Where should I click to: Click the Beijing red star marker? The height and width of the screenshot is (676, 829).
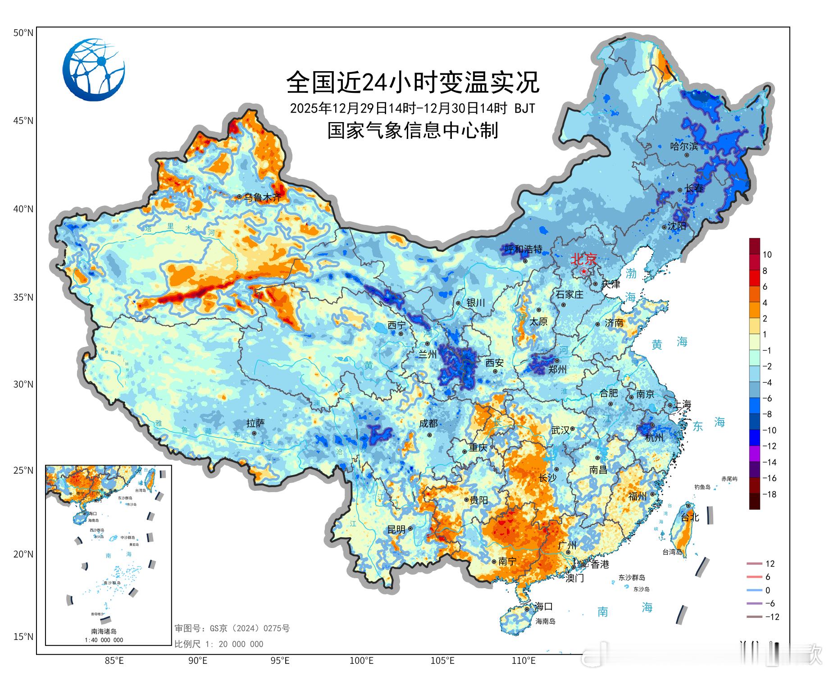coord(584,271)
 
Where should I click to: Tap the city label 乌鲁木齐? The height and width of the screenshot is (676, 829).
coord(263,197)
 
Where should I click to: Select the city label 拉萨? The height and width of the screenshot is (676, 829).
coord(255,423)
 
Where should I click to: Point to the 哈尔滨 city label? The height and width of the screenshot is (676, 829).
coord(684,146)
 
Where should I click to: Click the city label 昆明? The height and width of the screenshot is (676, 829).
coord(396,530)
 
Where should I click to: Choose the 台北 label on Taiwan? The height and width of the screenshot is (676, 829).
coord(689,517)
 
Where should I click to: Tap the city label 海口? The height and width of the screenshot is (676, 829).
coord(543,606)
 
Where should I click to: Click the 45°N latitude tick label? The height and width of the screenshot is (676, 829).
coord(23,121)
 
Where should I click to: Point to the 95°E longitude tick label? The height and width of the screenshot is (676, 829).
coord(280,661)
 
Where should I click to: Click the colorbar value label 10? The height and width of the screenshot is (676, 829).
coord(767,255)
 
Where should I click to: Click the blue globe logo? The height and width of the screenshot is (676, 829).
coord(94,69)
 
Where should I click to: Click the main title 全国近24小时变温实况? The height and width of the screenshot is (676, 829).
coord(413,82)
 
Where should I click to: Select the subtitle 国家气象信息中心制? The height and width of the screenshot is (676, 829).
coord(413,131)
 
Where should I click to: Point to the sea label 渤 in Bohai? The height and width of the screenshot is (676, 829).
coord(631,273)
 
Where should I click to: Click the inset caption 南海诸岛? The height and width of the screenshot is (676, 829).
coord(104,631)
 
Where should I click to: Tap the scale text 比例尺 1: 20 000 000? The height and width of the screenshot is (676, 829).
coord(219,644)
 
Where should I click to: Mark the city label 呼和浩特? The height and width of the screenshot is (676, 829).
coord(523,249)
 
